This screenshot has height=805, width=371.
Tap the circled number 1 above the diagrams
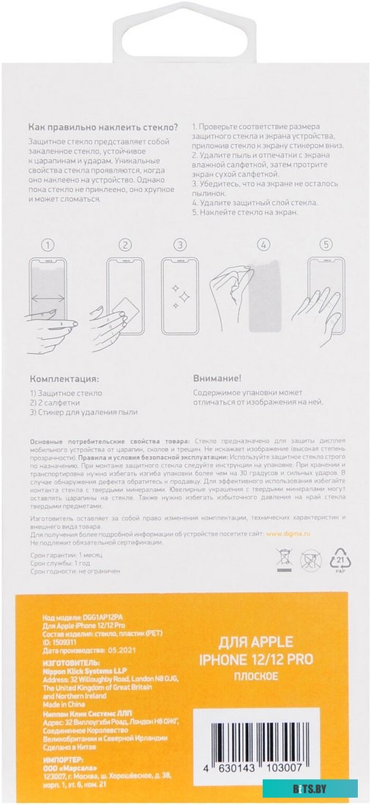[48, 245]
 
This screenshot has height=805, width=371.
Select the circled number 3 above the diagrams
[179, 245]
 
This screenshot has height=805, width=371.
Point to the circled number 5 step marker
[326, 245]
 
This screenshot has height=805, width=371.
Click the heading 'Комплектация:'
[64, 379]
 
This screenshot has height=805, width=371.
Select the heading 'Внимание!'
[217, 379]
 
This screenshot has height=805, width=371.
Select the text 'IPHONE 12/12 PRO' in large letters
[256, 659]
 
